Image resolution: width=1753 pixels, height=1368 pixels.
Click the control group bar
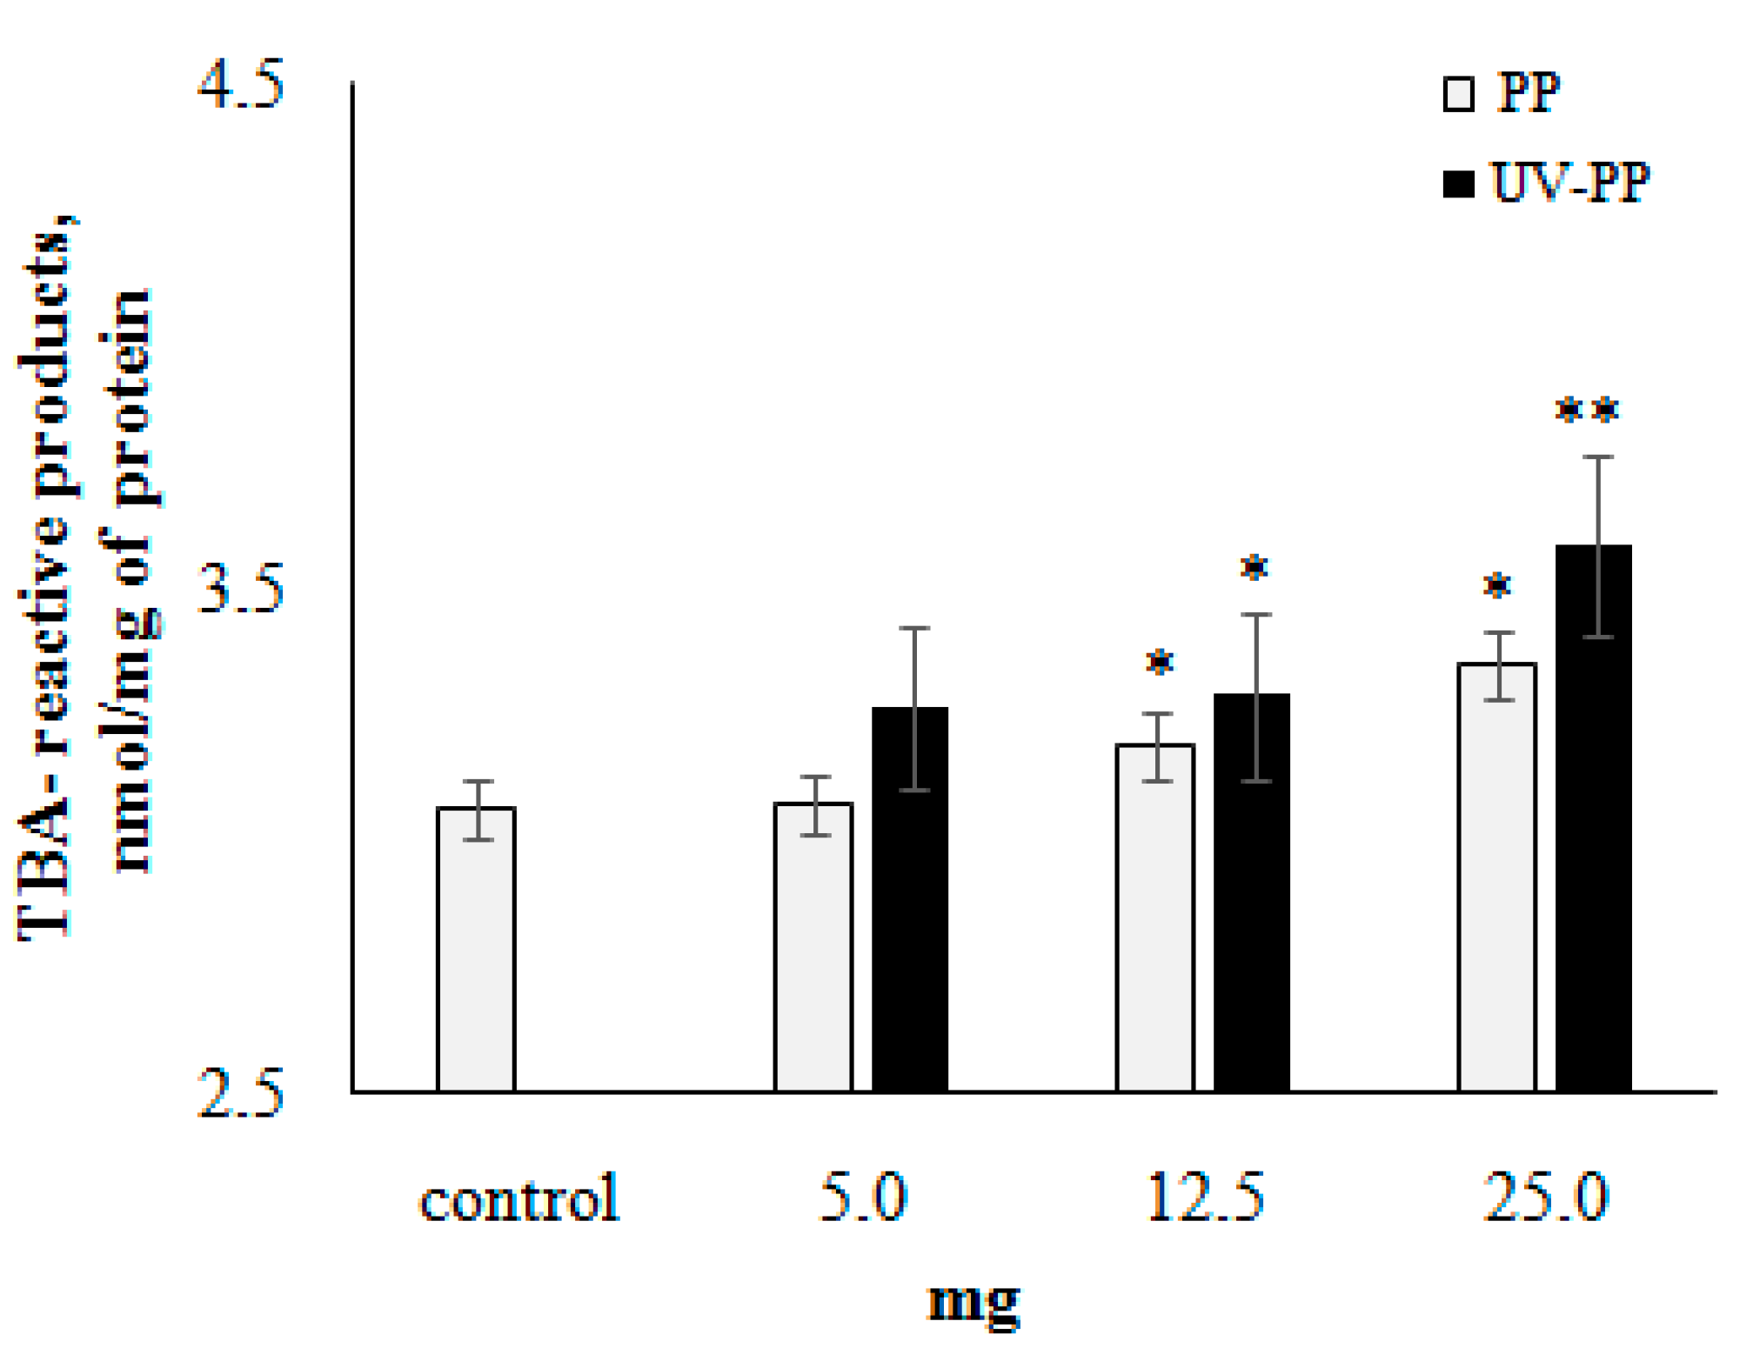(x=476, y=949)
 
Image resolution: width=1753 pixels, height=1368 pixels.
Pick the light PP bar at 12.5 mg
(x=1154, y=918)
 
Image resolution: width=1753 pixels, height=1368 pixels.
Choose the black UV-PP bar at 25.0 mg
(x=1593, y=817)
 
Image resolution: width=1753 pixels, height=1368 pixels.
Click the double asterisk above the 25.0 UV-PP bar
(x=1587, y=410)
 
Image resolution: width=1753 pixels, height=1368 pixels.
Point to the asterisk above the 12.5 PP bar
(x=1159, y=663)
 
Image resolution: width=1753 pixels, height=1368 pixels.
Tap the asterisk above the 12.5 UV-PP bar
(x=1254, y=568)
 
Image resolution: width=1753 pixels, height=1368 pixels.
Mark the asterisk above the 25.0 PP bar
(x=1496, y=585)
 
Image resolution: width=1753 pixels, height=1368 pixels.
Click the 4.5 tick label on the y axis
(x=241, y=85)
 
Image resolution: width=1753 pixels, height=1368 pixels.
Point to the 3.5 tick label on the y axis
(x=241, y=589)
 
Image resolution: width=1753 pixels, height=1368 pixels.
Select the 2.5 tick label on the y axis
(x=241, y=1093)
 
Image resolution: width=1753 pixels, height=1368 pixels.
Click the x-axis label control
(x=519, y=1198)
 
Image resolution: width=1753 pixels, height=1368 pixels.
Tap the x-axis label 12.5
(x=1205, y=1198)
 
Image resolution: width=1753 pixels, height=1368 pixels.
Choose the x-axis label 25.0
(x=1546, y=1198)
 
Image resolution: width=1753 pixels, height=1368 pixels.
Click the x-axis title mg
(x=973, y=1302)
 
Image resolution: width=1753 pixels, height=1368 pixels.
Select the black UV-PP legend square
(x=1458, y=184)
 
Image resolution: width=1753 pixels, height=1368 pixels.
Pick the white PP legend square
(x=1458, y=94)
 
